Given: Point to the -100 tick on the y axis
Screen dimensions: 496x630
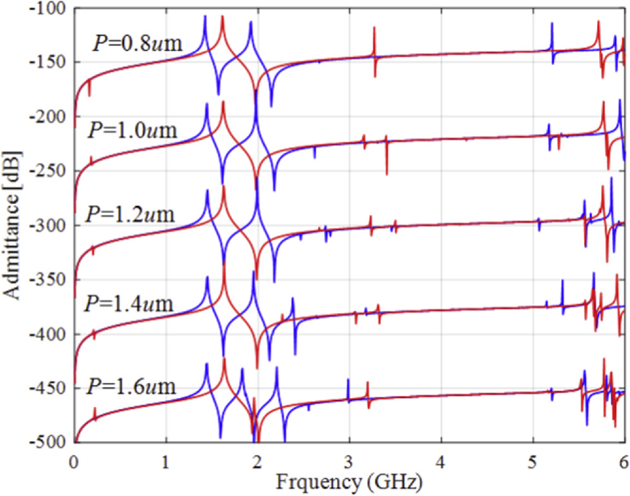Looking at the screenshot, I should point(48,8).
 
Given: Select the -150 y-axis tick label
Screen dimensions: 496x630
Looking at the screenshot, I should point(48,63).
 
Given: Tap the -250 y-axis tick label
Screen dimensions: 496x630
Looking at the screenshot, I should point(48,171).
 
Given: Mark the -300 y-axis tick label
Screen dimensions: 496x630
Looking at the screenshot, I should point(48,226).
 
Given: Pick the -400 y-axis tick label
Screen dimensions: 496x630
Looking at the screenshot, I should point(48,334).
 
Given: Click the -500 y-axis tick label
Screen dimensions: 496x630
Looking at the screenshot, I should point(48,442).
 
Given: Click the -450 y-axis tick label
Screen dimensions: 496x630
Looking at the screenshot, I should point(48,388).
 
